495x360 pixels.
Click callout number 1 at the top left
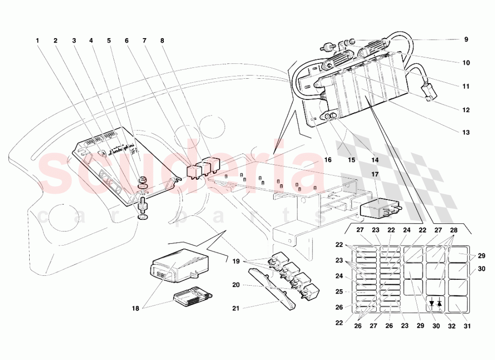coord(37,40)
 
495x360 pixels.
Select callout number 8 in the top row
coord(162,40)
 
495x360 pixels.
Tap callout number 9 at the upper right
coord(466,40)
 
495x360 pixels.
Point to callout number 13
coord(466,132)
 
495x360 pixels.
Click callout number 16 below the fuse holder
coord(327,160)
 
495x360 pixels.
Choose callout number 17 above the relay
coord(375,174)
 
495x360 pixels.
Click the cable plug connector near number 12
coord(427,92)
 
